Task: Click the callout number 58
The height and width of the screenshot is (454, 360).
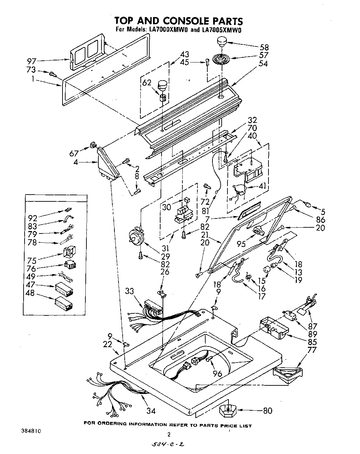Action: click(x=264, y=47)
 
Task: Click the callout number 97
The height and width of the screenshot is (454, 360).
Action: click(x=32, y=61)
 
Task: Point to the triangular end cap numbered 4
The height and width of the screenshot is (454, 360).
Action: click(x=107, y=163)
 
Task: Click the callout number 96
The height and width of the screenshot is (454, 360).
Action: click(x=217, y=374)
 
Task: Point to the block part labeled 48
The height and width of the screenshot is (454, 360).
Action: click(x=64, y=302)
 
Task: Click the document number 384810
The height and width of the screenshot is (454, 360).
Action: click(x=31, y=431)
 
